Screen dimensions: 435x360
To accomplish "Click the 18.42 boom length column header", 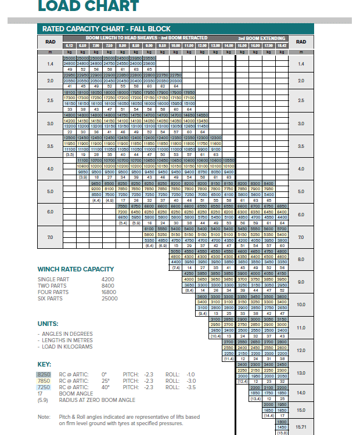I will click(282, 45).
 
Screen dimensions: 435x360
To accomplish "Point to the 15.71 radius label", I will click(301, 426).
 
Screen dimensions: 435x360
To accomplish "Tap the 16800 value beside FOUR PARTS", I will click(110, 292).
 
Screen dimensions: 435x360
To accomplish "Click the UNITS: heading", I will click(48, 323).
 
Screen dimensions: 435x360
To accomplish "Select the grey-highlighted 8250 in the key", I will click(44, 375).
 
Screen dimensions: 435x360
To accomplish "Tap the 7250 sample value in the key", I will click(44, 387).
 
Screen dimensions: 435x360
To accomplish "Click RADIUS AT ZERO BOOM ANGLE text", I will click(88, 400).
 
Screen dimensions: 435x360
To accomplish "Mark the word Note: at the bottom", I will click(44, 417).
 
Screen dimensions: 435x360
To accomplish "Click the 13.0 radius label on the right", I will click(301, 373).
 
